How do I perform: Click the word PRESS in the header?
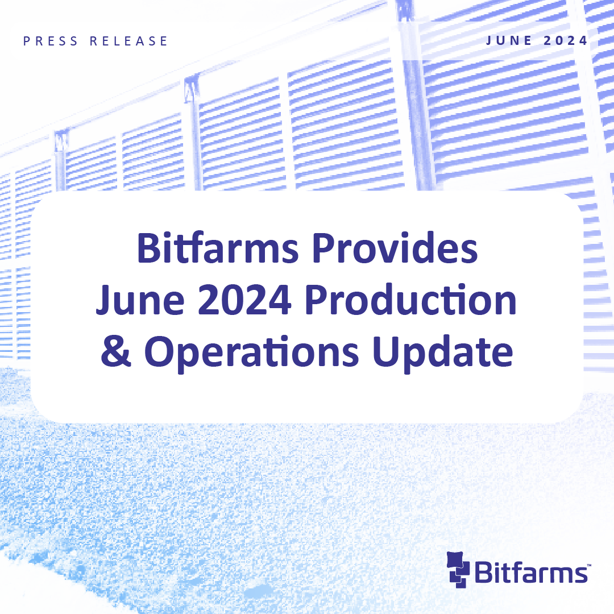click(51, 41)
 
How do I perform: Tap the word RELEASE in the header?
click(129, 41)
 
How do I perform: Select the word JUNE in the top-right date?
click(509, 41)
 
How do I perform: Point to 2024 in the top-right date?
click(566, 41)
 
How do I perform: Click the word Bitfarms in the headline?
click(218, 248)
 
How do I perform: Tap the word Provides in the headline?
click(395, 248)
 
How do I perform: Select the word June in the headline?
click(140, 300)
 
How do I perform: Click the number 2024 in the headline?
click(244, 300)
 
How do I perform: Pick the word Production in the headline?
click(411, 300)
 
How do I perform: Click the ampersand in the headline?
click(115, 351)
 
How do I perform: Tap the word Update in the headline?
click(442, 352)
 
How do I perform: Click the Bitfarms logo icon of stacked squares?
click(458, 570)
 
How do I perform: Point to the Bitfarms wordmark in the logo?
click(531, 572)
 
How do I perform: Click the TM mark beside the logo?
click(588, 566)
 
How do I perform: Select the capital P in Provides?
click(324, 248)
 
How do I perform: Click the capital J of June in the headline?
click(104, 300)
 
